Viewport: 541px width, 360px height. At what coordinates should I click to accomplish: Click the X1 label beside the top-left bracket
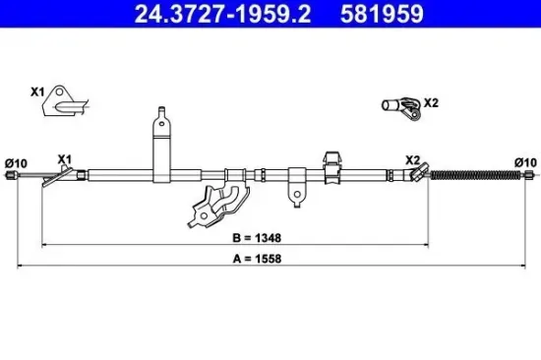[x=38, y=91]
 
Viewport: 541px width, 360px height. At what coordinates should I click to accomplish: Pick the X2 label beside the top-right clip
[x=430, y=101]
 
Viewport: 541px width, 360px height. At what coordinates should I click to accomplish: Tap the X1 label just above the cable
[x=64, y=158]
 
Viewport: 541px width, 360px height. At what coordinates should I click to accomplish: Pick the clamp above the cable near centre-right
[x=332, y=161]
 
